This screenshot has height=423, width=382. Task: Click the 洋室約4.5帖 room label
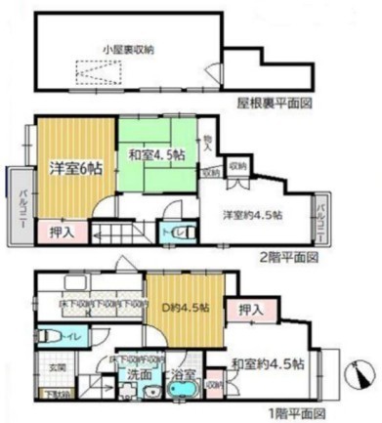click(x=251, y=214)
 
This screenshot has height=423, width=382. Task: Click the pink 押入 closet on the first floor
click(x=251, y=309)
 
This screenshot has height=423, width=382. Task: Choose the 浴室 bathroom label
click(x=184, y=373)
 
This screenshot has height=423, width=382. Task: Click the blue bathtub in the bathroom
click(x=185, y=393)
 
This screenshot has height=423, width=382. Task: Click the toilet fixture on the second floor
click(x=173, y=233)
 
